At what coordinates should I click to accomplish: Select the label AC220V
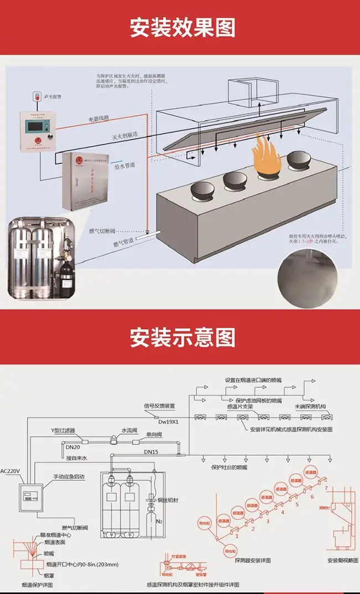[11, 470]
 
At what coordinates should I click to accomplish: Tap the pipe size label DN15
[151, 452]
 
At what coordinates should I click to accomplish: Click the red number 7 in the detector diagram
[326, 488]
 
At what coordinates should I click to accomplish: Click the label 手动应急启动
[71, 476]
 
